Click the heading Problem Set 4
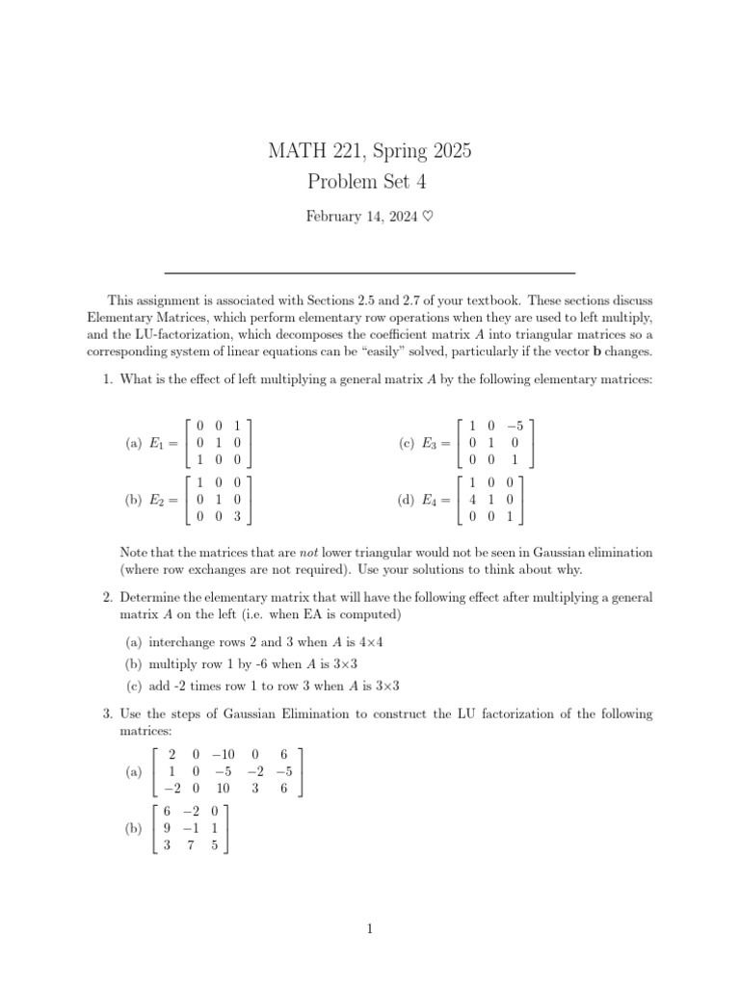[x=370, y=181]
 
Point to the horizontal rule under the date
[x=370, y=272]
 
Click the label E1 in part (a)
[x=156, y=443]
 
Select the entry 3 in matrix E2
[x=237, y=516]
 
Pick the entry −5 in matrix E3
[x=515, y=425]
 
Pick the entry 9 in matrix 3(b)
[x=168, y=828]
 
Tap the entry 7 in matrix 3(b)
[x=192, y=846]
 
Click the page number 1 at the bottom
[x=370, y=928]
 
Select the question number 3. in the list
[x=108, y=714]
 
